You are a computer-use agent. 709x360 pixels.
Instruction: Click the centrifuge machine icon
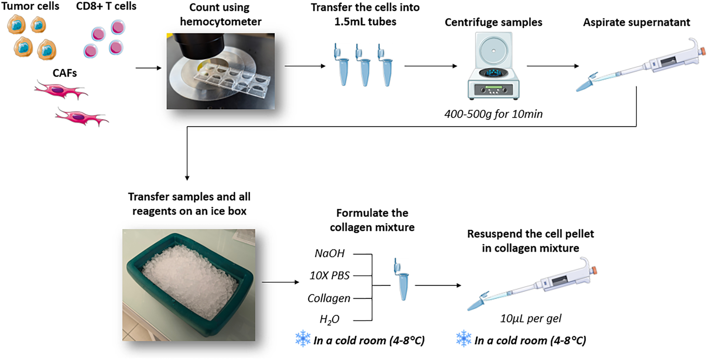(493, 66)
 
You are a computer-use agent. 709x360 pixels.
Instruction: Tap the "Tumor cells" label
(30, 6)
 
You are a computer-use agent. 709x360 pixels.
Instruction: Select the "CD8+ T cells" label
(106, 6)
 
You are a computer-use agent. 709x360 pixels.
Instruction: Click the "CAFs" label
(64, 73)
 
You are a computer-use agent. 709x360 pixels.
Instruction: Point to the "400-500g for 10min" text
(493, 114)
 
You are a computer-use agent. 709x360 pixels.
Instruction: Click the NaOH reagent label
(330, 253)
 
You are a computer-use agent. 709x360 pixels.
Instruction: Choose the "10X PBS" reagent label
(330, 275)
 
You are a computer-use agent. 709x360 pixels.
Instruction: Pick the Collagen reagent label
(329, 298)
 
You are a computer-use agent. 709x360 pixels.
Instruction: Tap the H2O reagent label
(329, 320)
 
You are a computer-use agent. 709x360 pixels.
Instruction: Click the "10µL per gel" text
(531, 318)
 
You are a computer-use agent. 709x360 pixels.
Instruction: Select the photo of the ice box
(189, 285)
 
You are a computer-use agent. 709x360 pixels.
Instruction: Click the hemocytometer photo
(221, 71)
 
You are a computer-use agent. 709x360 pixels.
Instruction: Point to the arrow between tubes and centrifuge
(431, 66)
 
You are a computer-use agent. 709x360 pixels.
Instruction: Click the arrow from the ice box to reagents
(280, 282)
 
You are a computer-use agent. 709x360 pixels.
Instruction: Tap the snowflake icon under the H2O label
(303, 339)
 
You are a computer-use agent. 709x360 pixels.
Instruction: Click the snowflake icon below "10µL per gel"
(464, 339)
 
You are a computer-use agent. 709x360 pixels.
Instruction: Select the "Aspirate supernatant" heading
(636, 22)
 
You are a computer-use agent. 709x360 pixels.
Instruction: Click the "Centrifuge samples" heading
(493, 22)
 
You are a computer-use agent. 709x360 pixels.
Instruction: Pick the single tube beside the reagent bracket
(402, 279)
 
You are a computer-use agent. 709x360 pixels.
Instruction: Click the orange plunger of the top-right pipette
(703, 51)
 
